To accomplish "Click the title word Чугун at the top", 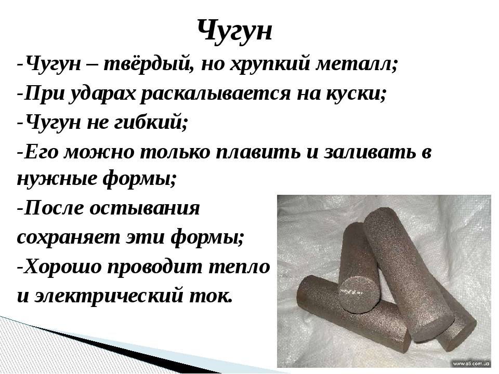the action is point(235,31).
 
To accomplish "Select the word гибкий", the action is point(150,123).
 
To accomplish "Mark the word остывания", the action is point(145,209).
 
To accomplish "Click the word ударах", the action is point(102,95).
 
